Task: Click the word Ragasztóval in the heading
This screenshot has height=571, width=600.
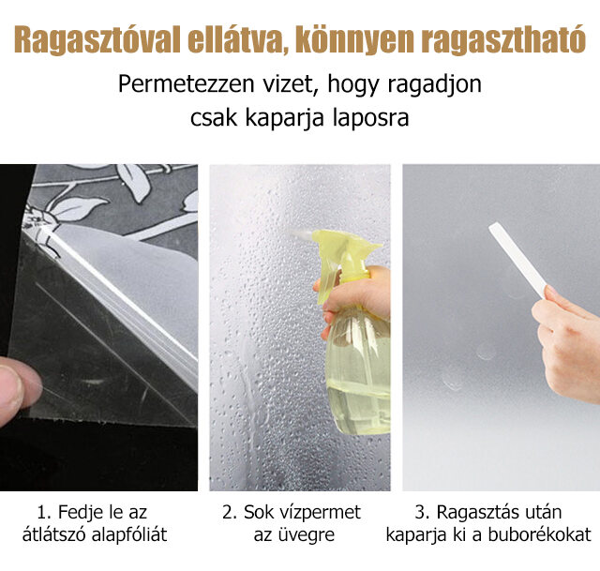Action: click(97, 39)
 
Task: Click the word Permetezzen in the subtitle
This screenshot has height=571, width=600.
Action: click(186, 83)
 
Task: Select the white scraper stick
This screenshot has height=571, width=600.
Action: click(517, 260)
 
